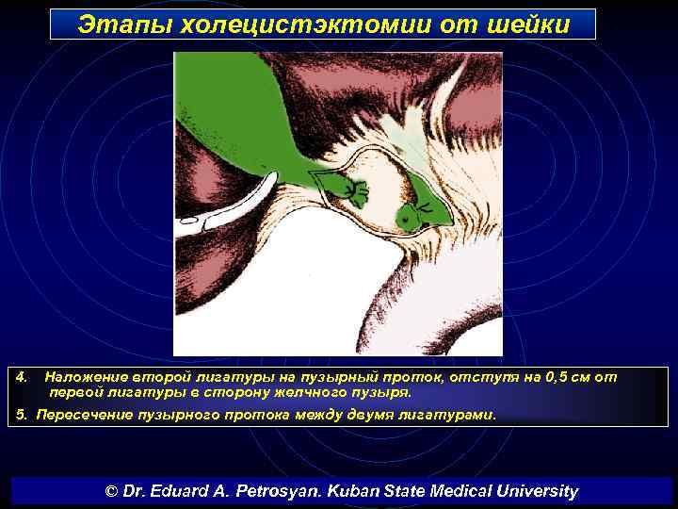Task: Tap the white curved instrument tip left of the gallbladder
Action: click(x=189, y=222)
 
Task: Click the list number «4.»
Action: click(x=24, y=377)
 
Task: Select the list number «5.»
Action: click(x=23, y=415)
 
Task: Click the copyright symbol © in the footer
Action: click(x=111, y=491)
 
